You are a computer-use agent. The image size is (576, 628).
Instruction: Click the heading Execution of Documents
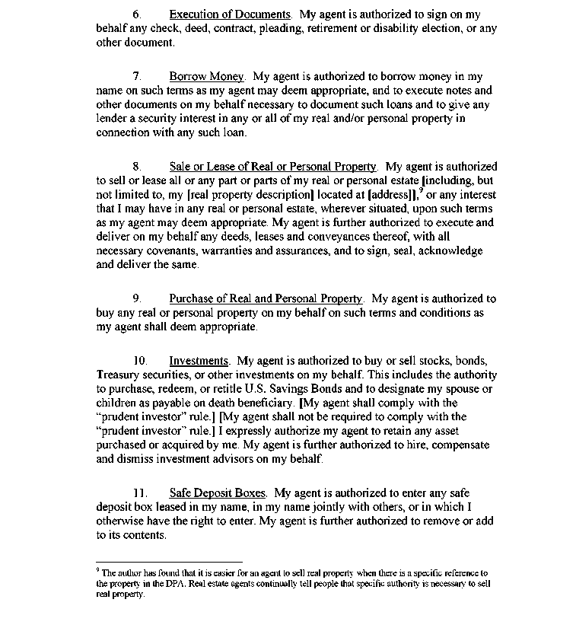229,14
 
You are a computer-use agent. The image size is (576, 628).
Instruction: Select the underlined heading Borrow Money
206,76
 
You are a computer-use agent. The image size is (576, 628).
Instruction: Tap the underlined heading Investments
199,361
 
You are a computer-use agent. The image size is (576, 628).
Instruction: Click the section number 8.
137,166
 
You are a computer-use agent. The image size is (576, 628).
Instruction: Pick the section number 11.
139,493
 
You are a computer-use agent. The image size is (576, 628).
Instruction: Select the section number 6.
137,14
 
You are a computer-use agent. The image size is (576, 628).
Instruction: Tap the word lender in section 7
113,119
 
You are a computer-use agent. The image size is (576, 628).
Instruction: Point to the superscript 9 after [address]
421,191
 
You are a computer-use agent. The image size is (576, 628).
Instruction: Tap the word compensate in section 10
459,445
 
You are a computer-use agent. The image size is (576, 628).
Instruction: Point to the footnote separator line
169,561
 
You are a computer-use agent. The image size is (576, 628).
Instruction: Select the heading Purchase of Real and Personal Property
266,298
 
